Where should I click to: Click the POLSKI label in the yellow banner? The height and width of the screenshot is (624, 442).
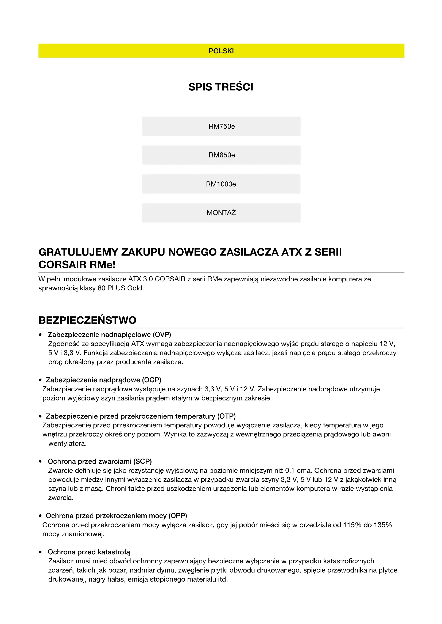coord(221,51)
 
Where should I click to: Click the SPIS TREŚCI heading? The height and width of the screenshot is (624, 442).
coord(221,87)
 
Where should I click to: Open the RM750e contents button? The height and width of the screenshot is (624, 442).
coord(221,126)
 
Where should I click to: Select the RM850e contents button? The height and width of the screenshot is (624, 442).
coord(221,155)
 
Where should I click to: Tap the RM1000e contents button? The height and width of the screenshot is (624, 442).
coord(221,184)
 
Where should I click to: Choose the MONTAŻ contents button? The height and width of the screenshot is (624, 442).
coord(221,213)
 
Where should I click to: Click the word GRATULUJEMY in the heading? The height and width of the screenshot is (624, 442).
coord(78,252)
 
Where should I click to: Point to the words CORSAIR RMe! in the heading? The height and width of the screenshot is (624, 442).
coord(77,265)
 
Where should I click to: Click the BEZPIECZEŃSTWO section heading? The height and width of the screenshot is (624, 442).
coord(87,320)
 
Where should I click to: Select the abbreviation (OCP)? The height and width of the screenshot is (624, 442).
coord(152,380)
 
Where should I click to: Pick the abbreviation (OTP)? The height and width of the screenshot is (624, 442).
coord(226,416)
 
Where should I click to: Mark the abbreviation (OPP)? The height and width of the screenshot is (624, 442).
coord(178,516)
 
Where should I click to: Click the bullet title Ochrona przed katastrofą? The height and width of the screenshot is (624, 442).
coord(89,552)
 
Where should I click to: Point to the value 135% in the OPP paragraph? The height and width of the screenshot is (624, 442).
coord(383,525)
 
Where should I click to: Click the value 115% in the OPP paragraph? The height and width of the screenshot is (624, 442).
coord(352,525)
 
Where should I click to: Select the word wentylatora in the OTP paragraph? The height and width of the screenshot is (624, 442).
coord(67,444)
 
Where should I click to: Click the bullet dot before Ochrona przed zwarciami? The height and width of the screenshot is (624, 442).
coord(40,462)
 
